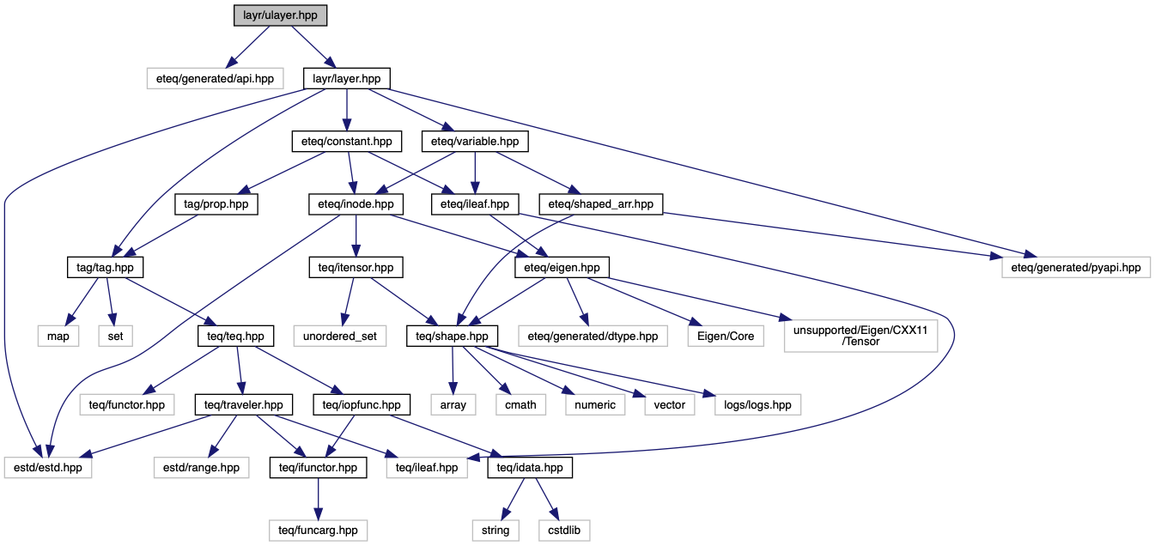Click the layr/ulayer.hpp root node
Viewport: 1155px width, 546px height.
pos(280,15)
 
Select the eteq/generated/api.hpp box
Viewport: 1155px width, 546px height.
pos(215,78)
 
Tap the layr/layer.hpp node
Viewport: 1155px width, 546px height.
pos(347,78)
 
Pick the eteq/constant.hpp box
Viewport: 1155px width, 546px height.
pos(347,142)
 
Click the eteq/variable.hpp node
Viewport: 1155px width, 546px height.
pos(475,142)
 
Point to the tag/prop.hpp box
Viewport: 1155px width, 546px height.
pos(216,204)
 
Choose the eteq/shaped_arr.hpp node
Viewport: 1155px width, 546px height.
pos(601,204)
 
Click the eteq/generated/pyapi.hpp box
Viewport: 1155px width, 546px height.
pos(1076,268)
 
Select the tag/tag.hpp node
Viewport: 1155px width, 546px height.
pos(105,268)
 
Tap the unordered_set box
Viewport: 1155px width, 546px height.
pos(340,337)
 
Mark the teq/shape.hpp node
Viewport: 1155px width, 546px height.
pos(453,337)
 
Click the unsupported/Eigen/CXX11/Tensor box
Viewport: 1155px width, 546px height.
pos(860,337)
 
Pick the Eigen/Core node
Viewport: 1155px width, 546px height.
pos(726,337)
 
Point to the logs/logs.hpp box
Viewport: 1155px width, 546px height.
pos(757,404)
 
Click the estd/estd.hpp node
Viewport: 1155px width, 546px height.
pos(48,468)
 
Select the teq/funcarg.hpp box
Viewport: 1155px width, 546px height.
pos(318,531)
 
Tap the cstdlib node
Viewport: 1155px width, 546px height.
pos(564,531)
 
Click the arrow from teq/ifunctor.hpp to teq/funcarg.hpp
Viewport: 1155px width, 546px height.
pos(318,499)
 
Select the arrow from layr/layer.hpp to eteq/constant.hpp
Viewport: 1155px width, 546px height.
pos(347,110)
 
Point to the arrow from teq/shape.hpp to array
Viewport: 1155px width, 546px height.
pos(453,370)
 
